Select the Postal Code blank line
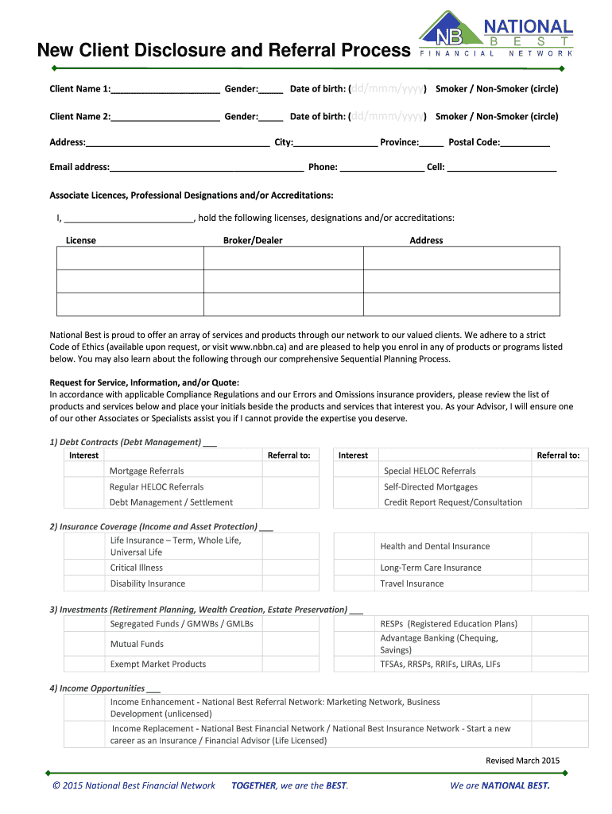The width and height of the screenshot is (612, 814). coord(525,143)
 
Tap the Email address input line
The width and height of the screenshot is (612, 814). coord(207,169)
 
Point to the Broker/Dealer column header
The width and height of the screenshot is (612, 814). coord(253,240)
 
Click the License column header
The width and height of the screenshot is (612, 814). coord(80,240)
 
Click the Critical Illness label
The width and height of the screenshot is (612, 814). coord(136,568)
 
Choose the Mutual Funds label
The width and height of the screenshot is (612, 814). coord(137,644)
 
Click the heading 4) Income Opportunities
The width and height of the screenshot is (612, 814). coord(97,688)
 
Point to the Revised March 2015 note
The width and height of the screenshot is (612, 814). coord(522,761)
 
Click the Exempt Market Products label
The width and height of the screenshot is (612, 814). coord(157,664)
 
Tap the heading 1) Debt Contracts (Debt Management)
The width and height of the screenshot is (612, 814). coord(125,442)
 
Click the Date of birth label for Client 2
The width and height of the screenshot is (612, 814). coord(317,116)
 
